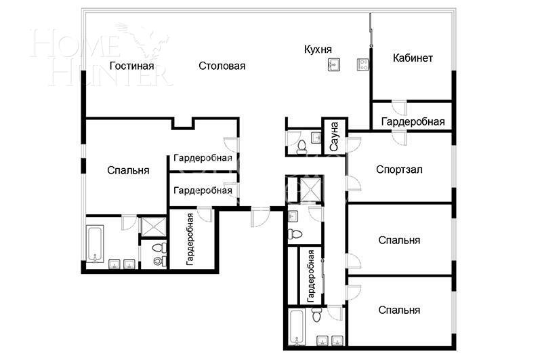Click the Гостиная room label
coord(131,66)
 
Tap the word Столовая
coord(222,66)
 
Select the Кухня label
coord(318,49)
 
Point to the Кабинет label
coord(413,58)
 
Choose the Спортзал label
coord(399,169)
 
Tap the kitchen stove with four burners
coord(362,65)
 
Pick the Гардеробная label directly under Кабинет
coord(413,122)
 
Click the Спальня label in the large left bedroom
coord(128,170)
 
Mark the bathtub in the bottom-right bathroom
coord(299,327)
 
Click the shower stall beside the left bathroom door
coord(153,226)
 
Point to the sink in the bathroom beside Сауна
coord(316,138)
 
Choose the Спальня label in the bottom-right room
coord(399,310)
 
